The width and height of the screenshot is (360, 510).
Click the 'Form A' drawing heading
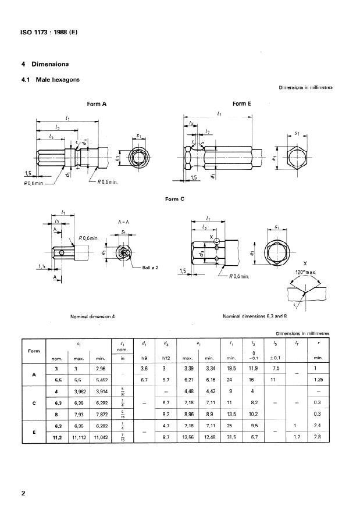[97, 104]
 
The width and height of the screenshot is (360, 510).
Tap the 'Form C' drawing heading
[174, 199]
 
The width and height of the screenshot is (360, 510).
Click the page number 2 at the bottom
[23, 494]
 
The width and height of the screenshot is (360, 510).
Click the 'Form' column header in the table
[34, 351]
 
